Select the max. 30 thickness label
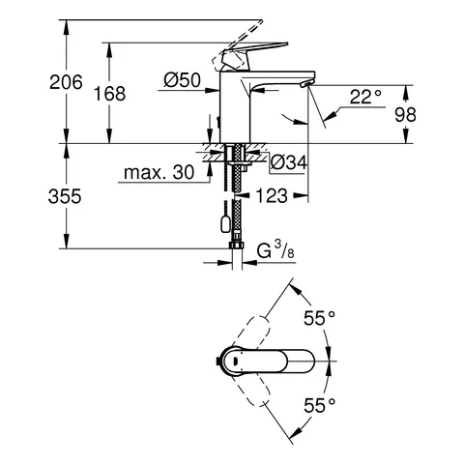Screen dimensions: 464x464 click(159, 173)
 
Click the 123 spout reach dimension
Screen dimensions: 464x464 click(274, 195)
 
